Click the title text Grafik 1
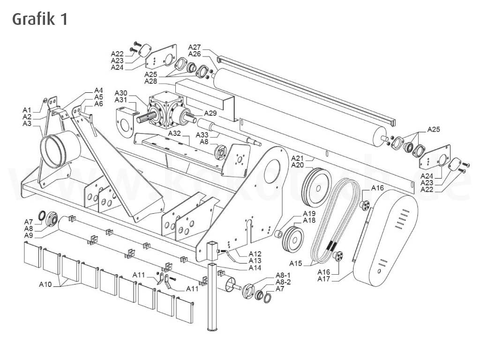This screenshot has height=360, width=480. (39, 19)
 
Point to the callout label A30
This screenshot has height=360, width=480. (121, 93)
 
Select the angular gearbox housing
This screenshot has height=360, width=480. (159, 110)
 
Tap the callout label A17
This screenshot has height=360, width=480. (324, 279)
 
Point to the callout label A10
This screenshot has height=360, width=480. (46, 284)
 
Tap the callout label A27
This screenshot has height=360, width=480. (195, 47)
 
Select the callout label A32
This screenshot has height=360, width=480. (175, 134)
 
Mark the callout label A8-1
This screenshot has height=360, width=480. (283, 275)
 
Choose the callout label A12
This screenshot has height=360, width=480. (255, 254)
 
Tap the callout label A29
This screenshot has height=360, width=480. (210, 113)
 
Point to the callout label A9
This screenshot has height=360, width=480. (29, 235)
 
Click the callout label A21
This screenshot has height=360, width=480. (298, 158)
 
